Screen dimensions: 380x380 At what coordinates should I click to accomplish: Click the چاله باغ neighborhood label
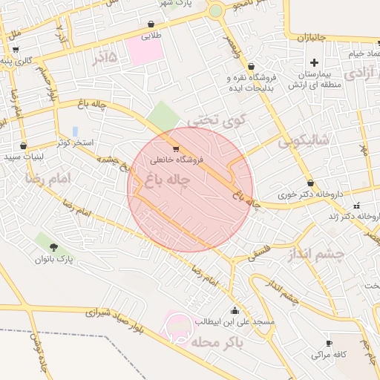tap(170, 180)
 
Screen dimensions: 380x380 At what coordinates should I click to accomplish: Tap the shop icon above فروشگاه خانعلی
tap(175, 148)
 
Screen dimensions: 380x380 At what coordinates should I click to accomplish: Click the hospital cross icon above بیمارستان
tap(314, 62)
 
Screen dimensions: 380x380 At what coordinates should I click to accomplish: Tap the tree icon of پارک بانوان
tap(53, 246)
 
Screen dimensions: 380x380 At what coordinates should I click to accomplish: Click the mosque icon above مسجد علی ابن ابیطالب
tap(235, 310)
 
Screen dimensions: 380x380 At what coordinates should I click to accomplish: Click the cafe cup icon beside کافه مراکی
tap(330, 343)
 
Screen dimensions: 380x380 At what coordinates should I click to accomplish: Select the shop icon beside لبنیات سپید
tap(24, 145)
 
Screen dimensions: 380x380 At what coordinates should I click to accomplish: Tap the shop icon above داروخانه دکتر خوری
tap(310, 183)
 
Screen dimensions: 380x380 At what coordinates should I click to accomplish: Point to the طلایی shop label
tap(151, 35)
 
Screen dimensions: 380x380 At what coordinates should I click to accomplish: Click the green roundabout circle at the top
tap(215, 11)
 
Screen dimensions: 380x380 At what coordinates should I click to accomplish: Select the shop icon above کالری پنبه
tap(14, 49)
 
